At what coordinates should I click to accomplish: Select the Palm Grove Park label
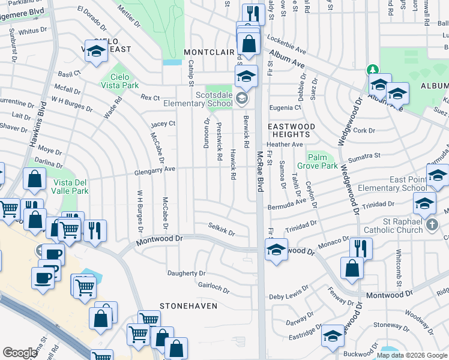click(317, 161)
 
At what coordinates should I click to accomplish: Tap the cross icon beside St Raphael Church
click(431, 225)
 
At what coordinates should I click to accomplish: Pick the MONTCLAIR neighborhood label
click(208, 52)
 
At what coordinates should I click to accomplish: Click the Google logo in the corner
click(20, 353)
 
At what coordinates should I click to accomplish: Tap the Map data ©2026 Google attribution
click(412, 355)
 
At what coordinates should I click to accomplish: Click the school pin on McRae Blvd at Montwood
click(276, 250)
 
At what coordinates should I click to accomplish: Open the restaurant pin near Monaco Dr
click(360, 247)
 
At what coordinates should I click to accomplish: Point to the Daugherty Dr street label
click(186, 273)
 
